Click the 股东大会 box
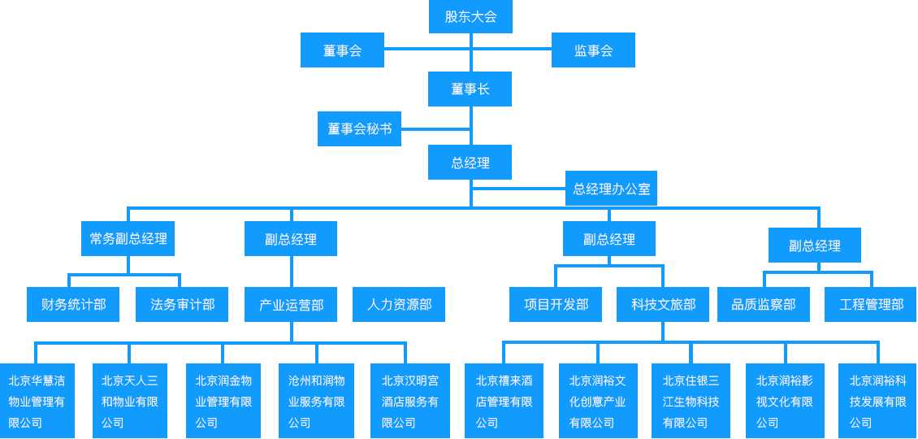pyautogui.click(x=470, y=16)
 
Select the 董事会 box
pyautogui.click(x=343, y=50)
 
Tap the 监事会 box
pyautogui.click(x=593, y=50)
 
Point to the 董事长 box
pyautogui.click(x=470, y=89)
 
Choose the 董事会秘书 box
pyautogui.click(x=359, y=129)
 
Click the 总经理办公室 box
pyautogui.click(x=611, y=188)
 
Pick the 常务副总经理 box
pyautogui.click(x=128, y=238)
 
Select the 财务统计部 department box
pyautogui.click(x=73, y=304)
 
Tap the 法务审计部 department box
pyautogui.click(x=182, y=304)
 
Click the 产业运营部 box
pyautogui.click(x=291, y=304)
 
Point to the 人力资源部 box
pyautogui.click(x=399, y=304)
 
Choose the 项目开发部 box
pyautogui.click(x=556, y=304)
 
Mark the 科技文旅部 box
pyautogui.click(x=664, y=304)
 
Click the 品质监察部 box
pyautogui.click(x=764, y=304)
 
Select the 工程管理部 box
pyautogui.click(x=871, y=304)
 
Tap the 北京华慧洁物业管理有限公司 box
pyautogui.click(x=37, y=401)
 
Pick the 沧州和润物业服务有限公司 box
pyautogui.click(x=316, y=401)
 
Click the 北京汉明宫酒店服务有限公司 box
pyautogui.click(x=409, y=401)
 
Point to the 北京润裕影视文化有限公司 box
pyautogui.click(x=785, y=401)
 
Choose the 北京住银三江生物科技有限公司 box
pyautogui.click(x=691, y=401)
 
